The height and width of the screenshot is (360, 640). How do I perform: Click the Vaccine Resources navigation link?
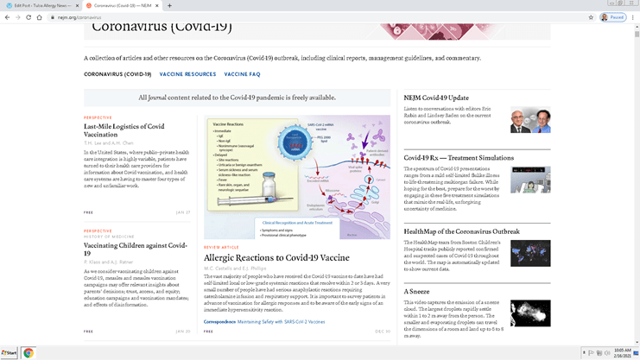(187, 74)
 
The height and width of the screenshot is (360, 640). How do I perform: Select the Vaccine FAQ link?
(244, 74)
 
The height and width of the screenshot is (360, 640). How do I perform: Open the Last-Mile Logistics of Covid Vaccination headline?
(124, 129)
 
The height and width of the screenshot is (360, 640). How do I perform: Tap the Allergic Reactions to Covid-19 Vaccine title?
(276, 257)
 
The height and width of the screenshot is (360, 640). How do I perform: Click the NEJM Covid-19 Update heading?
(436, 98)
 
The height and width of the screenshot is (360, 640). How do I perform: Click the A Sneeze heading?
(417, 291)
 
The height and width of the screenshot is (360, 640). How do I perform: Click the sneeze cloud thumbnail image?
(529, 313)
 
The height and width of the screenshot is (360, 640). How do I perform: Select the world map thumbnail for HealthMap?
(529, 253)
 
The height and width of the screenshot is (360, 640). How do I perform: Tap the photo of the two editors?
(529, 120)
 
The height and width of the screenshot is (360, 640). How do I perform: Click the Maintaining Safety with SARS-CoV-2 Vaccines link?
(281, 321)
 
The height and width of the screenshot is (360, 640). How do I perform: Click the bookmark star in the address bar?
(591, 17)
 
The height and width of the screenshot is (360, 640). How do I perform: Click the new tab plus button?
(169, 5)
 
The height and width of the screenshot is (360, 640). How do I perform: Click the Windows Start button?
(10, 353)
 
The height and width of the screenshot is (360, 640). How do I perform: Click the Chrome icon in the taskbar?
(28, 353)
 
